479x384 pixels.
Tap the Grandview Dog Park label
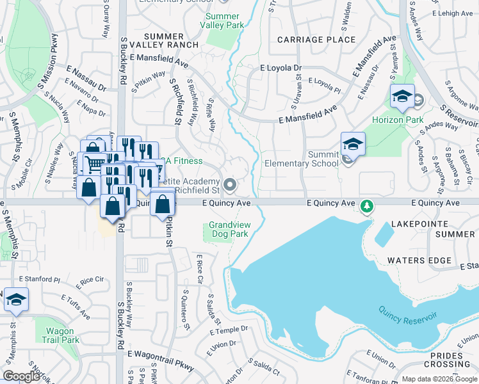coord(229,230)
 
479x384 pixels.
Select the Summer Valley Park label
coord(222,20)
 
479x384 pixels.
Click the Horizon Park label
coord(397,120)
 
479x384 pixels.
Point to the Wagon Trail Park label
coord(62,335)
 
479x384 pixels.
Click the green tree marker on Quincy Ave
coord(367,207)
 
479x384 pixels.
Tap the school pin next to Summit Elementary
coord(353,144)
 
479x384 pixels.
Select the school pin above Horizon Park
coord(402,96)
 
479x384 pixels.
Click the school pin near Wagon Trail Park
coord(16,300)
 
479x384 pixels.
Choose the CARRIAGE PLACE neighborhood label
coord(316,40)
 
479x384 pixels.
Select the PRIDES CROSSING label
coord(451,360)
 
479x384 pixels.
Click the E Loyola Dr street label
coord(280,68)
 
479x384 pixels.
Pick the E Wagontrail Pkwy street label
coord(160,353)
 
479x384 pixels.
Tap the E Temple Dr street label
coord(229,330)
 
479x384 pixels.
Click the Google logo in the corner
coord(22,376)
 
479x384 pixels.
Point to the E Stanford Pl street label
coord(39,280)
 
